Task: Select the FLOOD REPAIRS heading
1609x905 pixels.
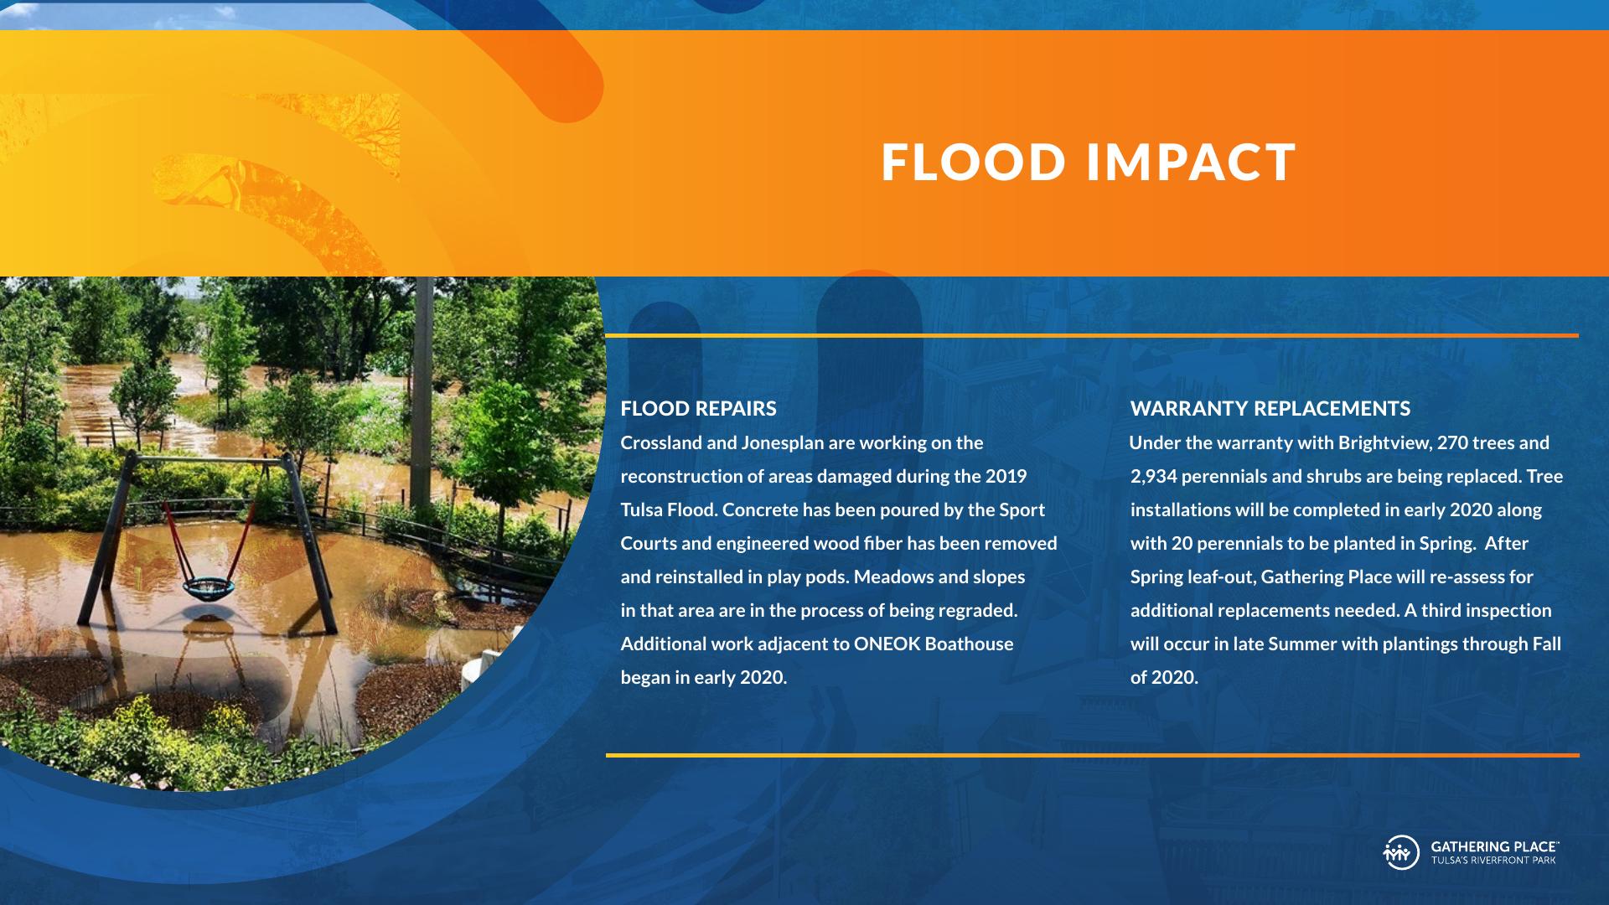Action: click(698, 409)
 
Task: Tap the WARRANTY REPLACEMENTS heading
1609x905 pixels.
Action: click(1270, 409)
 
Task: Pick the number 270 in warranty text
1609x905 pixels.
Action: click(1452, 442)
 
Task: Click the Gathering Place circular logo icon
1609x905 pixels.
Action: click(1400, 852)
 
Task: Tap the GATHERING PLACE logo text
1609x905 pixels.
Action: click(1495, 847)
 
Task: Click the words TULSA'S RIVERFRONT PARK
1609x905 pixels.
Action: click(1493, 861)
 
